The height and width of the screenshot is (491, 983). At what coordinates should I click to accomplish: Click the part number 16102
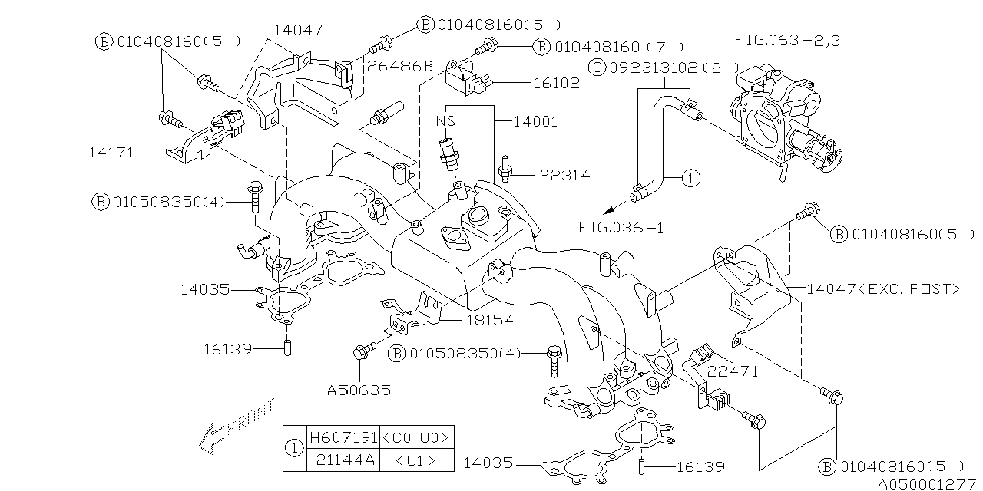click(x=557, y=83)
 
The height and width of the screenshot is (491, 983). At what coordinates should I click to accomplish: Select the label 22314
click(x=564, y=176)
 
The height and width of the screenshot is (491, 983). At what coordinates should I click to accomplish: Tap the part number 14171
click(x=111, y=153)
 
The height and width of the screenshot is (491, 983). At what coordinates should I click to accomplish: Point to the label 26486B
click(x=400, y=66)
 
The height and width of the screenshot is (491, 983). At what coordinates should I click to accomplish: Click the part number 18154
click(x=490, y=320)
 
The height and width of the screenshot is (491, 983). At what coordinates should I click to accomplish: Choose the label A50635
click(x=359, y=390)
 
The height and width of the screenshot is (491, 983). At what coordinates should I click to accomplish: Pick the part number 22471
click(x=733, y=372)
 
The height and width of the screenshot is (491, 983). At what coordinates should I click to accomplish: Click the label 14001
click(x=535, y=121)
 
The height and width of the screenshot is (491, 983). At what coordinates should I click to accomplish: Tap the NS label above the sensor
click(x=446, y=120)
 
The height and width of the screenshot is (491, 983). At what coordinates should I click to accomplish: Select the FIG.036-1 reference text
click(x=621, y=228)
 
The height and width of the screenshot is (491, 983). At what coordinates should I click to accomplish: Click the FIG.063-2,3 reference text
click(x=787, y=41)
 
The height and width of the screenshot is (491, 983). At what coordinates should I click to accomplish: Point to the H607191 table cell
click(x=343, y=437)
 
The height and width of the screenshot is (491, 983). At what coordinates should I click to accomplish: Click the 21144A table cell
click(x=346, y=460)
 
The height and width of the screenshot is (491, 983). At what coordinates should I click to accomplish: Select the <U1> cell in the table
click(x=415, y=460)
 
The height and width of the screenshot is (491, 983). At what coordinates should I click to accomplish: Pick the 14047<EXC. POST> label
click(x=883, y=289)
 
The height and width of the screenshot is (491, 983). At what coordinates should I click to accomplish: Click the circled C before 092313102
click(x=597, y=68)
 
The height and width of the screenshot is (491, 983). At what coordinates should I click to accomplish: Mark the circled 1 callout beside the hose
click(x=690, y=179)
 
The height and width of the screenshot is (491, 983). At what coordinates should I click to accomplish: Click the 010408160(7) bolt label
click(x=608, y=47)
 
